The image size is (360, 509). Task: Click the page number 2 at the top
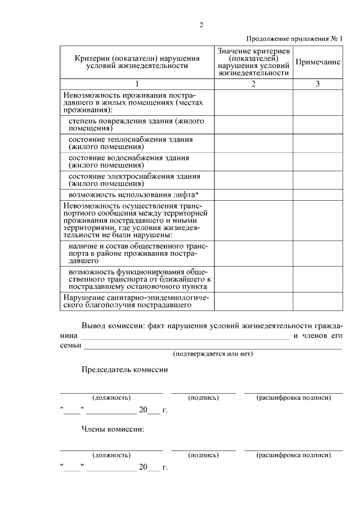click(201, 24)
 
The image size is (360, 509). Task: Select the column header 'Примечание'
click(318, 62)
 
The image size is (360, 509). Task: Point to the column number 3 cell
click(318, 84)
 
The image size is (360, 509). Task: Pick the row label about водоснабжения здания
click(129, 161)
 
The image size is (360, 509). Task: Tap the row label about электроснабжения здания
click(134, 179)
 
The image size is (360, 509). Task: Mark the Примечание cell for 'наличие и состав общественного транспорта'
click(318, 254)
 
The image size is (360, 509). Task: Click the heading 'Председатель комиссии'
click(124, 370)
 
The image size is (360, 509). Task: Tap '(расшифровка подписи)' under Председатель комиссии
click(294, 398)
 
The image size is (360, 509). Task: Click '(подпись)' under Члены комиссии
click(203, 454)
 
